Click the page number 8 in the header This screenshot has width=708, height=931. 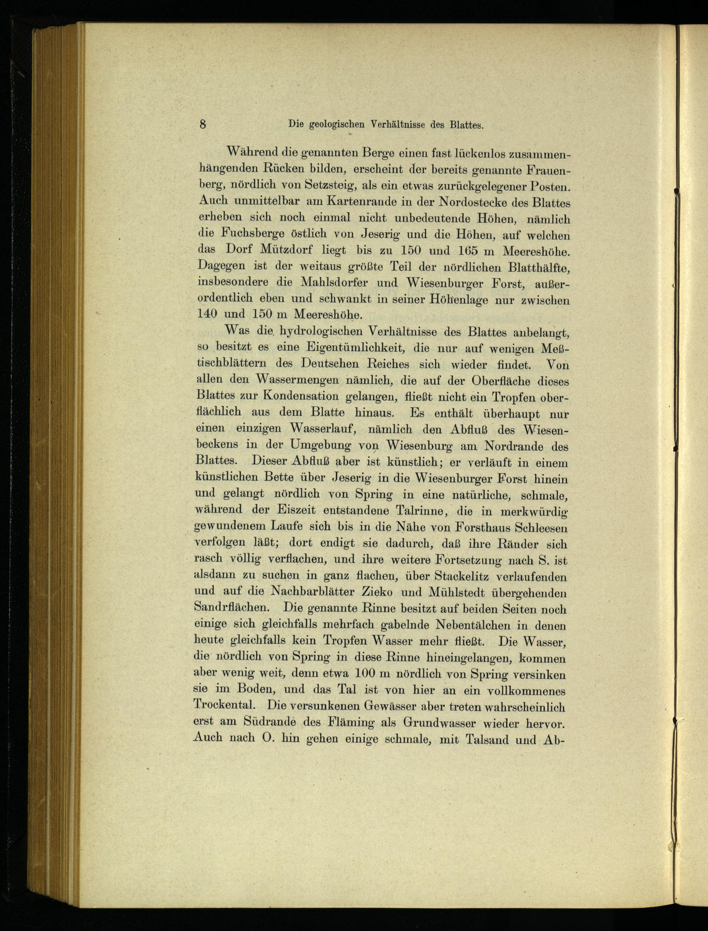pos(203,124)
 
